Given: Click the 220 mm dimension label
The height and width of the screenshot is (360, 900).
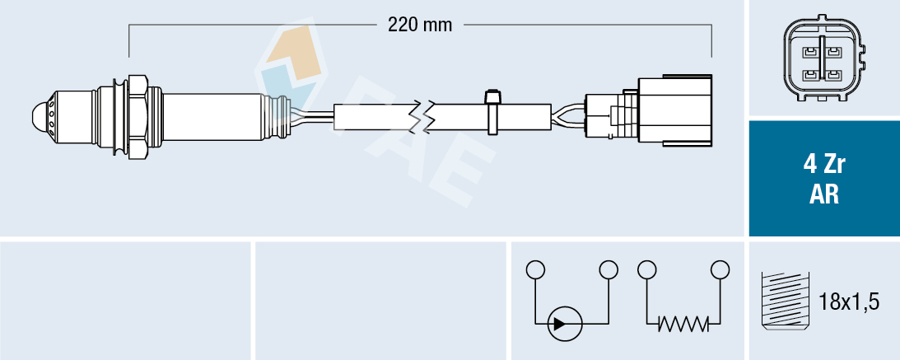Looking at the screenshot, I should pos(420,25).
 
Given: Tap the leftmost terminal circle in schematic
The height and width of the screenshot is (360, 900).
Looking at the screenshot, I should pos(535,269).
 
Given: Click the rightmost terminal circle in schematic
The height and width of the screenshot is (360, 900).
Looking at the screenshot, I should pos(720,269).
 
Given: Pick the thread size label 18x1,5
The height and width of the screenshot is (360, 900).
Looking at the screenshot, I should pos(850,302).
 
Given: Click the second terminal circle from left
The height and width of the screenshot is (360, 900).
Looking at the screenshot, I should pos(609,269).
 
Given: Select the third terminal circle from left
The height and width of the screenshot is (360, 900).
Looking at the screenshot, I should pos(646,269).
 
